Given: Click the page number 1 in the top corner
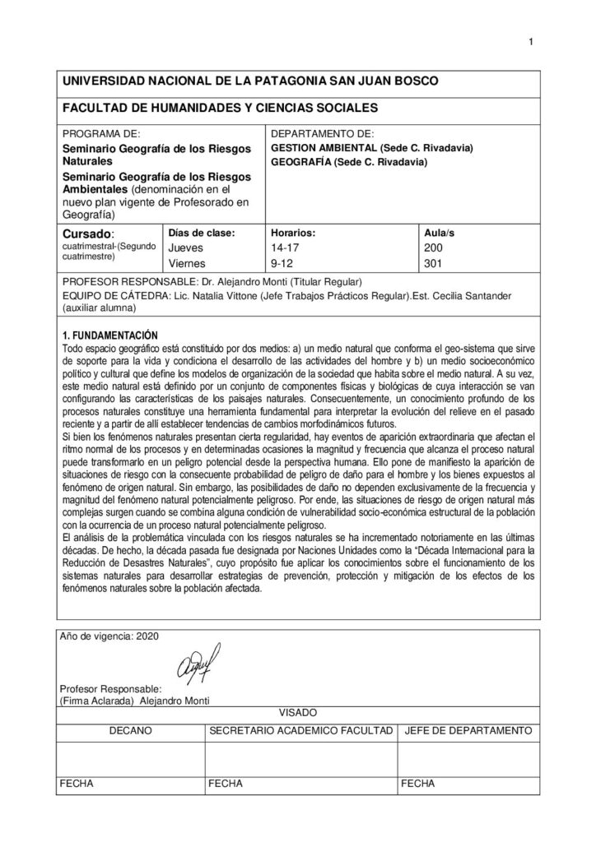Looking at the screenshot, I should tap(533, 43).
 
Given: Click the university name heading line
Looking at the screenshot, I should tap(250, 81).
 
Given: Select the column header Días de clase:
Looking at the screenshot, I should tap(202, 233).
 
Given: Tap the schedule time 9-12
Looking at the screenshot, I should tap(282, 263).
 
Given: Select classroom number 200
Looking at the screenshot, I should tap(432, 247).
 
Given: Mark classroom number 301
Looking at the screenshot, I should tap(432, 263).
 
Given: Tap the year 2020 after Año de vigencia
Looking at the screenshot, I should tap(143, 636).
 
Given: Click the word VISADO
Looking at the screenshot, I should tap(298, 713).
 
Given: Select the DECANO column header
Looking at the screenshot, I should tap(130, 729).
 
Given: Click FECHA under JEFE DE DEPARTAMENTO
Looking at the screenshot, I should tap(417, 784).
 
